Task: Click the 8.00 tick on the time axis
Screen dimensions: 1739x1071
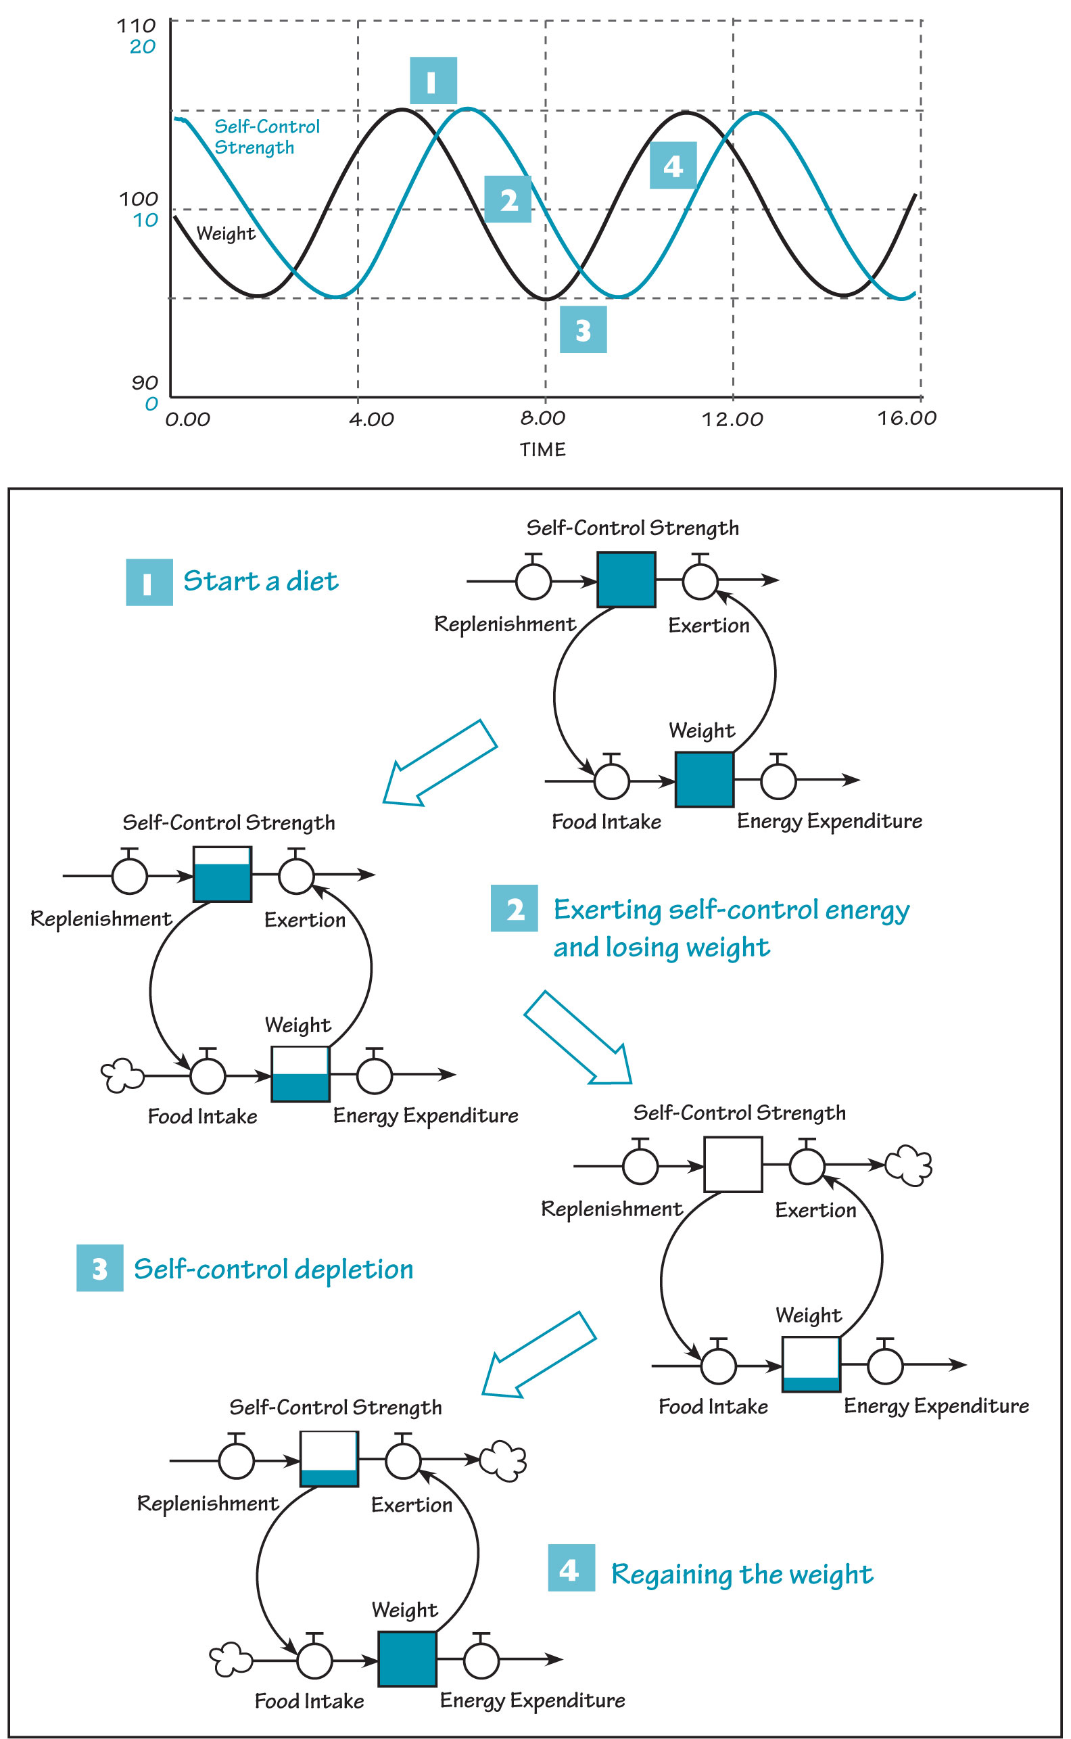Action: tap(542, 418)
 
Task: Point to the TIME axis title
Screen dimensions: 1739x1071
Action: tap(542, 449)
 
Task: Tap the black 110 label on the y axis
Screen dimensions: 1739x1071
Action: tap(136, 26)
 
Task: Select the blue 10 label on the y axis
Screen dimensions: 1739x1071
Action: tap(145, 221)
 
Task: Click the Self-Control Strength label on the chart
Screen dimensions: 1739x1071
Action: tap(266, 137)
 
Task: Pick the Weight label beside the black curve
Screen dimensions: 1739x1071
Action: tap(225, 233)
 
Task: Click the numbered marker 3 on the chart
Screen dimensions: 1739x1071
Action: tap(582, 330)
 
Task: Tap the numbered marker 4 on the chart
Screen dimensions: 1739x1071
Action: tap(672, 166)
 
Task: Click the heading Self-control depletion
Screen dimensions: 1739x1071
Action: tap(272, 1269)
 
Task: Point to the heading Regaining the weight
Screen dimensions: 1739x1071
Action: tap(742, 1574)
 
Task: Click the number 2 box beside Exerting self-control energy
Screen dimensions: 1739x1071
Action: tap(515, 908)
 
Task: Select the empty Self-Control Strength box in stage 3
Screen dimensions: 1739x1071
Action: tap(732, 1164)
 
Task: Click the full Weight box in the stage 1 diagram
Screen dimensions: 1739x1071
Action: tap(703, 779)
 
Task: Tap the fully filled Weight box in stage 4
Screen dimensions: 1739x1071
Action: tap(406, 1659)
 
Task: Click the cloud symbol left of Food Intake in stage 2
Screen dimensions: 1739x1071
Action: tap(122, 1075)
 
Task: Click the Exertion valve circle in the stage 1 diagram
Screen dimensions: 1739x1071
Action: tap(699, 580)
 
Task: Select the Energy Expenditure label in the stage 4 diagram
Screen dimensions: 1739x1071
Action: tap(532, 1700)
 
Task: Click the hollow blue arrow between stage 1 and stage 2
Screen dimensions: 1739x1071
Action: tap(439, 764)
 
